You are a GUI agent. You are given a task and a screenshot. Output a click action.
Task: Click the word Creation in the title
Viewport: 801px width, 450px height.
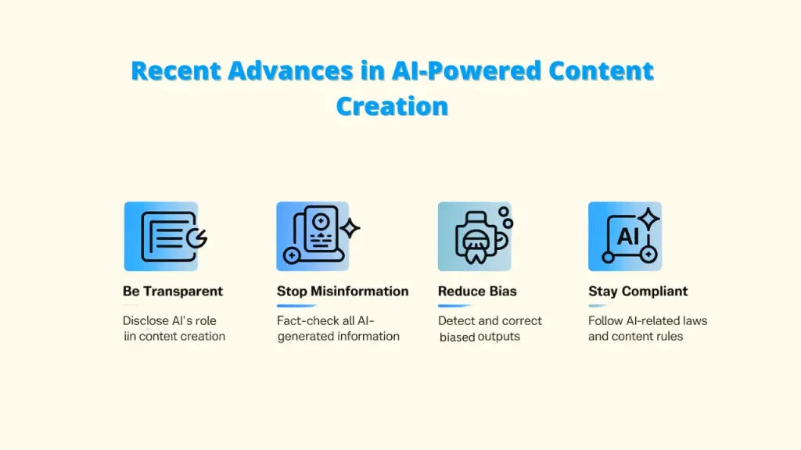click(x=392, y=105)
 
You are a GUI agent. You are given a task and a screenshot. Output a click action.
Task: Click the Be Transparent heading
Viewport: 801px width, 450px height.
click(x=173, y=291)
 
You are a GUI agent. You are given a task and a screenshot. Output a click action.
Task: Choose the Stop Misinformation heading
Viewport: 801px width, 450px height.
click(x=343, y=291)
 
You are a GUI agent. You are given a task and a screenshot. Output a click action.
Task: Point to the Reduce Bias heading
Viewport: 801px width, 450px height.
click(x=477, y=291)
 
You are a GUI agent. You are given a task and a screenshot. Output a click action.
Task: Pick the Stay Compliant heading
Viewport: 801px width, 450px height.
click(x=638, y=291)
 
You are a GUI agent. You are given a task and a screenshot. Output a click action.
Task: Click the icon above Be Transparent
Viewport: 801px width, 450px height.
click(x=161, y=236)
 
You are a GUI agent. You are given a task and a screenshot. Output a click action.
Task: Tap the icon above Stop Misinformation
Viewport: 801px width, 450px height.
click(x=313, y=236)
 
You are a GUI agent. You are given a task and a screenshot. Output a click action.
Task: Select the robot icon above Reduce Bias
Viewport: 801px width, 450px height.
click(x=474, y=236)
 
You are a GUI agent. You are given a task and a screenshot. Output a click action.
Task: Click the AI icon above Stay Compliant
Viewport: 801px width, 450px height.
click(x=625, y=236)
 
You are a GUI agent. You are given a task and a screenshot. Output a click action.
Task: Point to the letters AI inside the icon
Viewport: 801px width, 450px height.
click(x=628, y=236)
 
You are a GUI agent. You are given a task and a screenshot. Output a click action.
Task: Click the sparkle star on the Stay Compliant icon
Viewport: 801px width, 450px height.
click(x=648, y=219)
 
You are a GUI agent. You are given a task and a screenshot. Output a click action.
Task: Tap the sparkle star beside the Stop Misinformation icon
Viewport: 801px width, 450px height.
click(x=349, y=228)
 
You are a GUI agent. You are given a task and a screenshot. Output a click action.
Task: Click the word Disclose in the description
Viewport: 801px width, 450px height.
click(x=145, y=320)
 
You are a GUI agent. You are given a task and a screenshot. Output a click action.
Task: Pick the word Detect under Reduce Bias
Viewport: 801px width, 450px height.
click(x=457, y=320)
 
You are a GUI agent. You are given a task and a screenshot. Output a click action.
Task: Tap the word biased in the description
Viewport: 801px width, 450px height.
click(x=457, y=337)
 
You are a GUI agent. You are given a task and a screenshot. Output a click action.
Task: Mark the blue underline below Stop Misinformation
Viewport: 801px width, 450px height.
click(x=297, y=305)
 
